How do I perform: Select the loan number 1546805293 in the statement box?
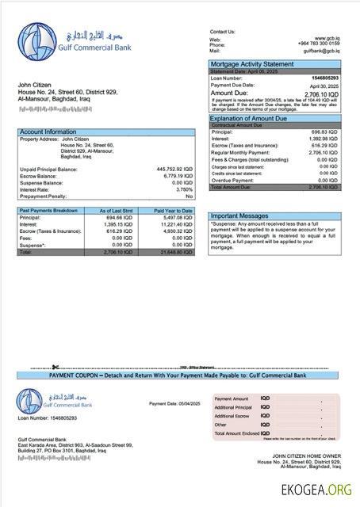[x=324, y=78]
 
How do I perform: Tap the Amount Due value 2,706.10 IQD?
[x=320, y=93]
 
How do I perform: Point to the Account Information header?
[x=48, y=132]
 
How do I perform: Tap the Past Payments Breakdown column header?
[x=49, y=211]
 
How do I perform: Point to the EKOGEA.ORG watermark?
[x=315, y=490]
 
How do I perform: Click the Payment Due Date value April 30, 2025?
[x=324, y=85]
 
